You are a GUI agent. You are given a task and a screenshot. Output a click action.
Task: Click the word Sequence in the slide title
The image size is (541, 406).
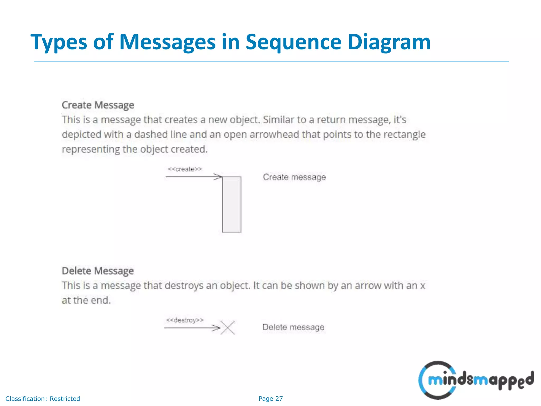coord(293,42)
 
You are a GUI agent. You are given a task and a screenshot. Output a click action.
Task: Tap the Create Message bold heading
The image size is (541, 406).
coord(98,105)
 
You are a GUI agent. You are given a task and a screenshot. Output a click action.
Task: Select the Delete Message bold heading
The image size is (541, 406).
coord(98,271)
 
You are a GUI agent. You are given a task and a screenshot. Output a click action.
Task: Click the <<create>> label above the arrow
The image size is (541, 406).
coord(185,169)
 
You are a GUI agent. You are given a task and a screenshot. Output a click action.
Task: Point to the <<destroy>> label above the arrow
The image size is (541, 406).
coord(185,320)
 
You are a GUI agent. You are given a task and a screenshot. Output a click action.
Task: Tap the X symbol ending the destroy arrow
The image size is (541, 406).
coord(228,328)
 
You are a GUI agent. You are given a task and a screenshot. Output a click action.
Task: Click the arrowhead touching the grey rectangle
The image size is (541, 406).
coord(218,177)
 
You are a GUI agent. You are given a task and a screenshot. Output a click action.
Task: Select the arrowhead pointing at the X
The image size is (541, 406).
coord(217,328)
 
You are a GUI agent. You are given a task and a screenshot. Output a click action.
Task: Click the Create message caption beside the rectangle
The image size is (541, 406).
coord(294,177)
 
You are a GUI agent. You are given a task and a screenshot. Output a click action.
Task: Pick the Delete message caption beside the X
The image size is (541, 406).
coord(293,327)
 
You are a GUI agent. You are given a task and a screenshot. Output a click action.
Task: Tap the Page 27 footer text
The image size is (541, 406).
coord(270,399)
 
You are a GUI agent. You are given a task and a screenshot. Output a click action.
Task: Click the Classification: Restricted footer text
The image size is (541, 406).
coord(43,399)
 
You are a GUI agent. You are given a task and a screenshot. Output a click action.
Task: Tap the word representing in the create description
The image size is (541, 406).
coord(91,149)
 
